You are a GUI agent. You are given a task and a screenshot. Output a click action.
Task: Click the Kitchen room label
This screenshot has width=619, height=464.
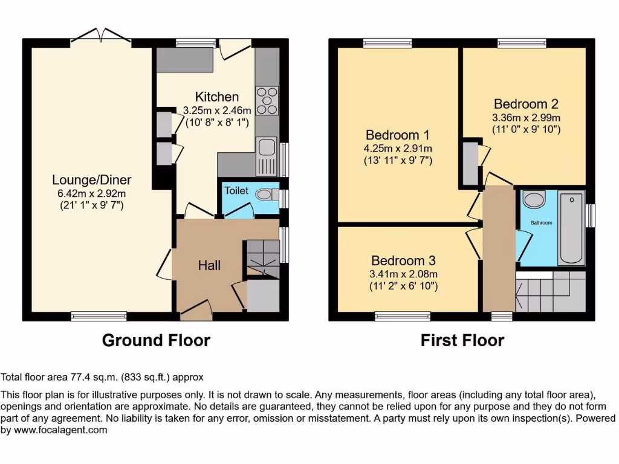point(216,97)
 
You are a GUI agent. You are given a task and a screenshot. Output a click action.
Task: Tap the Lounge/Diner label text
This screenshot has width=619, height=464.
point(91,180)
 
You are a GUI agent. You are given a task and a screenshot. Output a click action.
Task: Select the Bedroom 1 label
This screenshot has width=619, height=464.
point(392,135)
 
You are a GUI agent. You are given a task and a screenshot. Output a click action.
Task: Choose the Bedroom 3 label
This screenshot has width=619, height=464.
point(403,261)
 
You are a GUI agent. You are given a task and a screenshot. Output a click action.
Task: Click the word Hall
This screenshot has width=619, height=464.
point(209,265)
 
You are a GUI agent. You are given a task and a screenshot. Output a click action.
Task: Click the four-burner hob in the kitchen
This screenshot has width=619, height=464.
point(268,100)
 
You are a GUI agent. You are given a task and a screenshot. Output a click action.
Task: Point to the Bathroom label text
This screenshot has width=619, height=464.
point(541,223)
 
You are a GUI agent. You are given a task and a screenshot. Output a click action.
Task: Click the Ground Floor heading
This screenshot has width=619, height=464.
point(156,340)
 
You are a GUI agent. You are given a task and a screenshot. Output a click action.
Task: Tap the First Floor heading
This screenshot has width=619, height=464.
point(462,340)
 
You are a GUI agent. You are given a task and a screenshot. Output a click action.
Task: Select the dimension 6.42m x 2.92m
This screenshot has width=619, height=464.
point(91,194)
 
